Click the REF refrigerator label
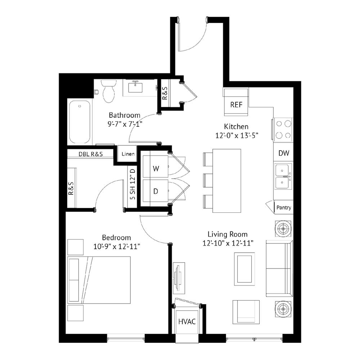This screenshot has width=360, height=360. click(x=236, y=105)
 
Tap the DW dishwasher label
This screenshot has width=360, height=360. click(x=284, y=153)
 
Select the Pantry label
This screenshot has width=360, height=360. click(x=284, y=208)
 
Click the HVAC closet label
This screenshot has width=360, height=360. click(x=187, y=321)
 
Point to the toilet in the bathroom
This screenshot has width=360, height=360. click(x=109, y=91)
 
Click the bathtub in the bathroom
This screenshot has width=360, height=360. click(x=80, y=122)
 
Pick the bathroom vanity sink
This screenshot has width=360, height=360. click(x=135, y=87)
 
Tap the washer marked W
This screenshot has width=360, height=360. click(x=156, y=166)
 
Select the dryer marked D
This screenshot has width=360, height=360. click(x=156, y=191)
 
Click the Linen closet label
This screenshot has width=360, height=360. click(x=128, y=154)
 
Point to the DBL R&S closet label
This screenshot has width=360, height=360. click(x=91, y=154)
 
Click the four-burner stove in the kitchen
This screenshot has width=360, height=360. click(x=283, y=130)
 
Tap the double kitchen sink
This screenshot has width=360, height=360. click(x=283, y=176)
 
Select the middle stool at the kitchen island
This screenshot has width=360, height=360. click(x=208, y=181)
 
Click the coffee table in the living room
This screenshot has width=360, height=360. click(x=244, y=269)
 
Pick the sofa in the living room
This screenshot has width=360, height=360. click(x=279, y=269)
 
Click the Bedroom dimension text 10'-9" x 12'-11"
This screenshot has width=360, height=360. click(x=117, y=247)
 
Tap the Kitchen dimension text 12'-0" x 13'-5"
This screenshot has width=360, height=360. click(x=237, y=135)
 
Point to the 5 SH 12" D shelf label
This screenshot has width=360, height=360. click(x=133, y=184)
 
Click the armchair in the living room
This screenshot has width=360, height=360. click(x=246, y=312)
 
